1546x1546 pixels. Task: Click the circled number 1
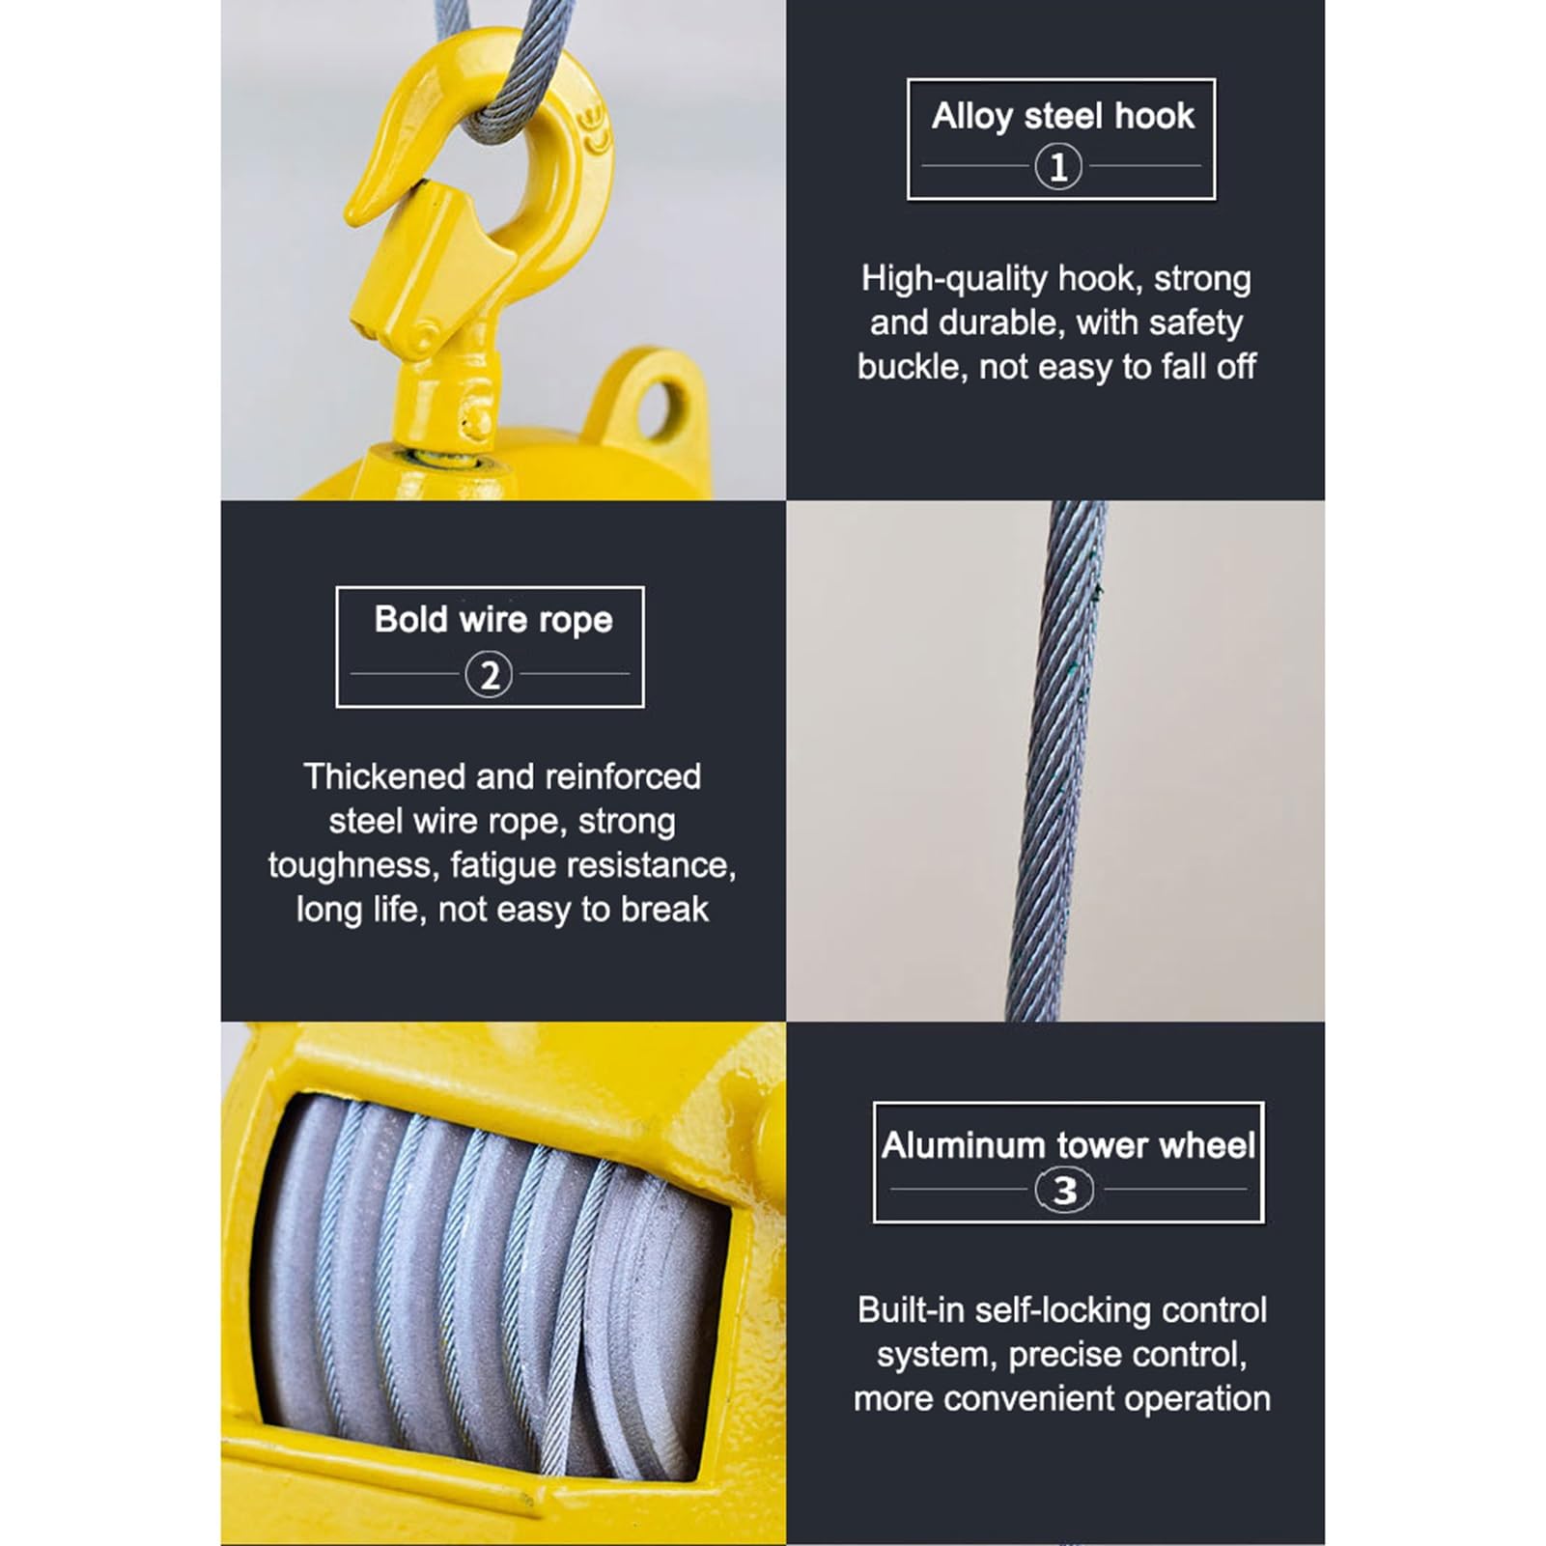click(x=1058, y=167)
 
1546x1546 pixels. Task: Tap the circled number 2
click(x=489, y=675)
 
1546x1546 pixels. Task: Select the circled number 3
click(x=1064, y=1191)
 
